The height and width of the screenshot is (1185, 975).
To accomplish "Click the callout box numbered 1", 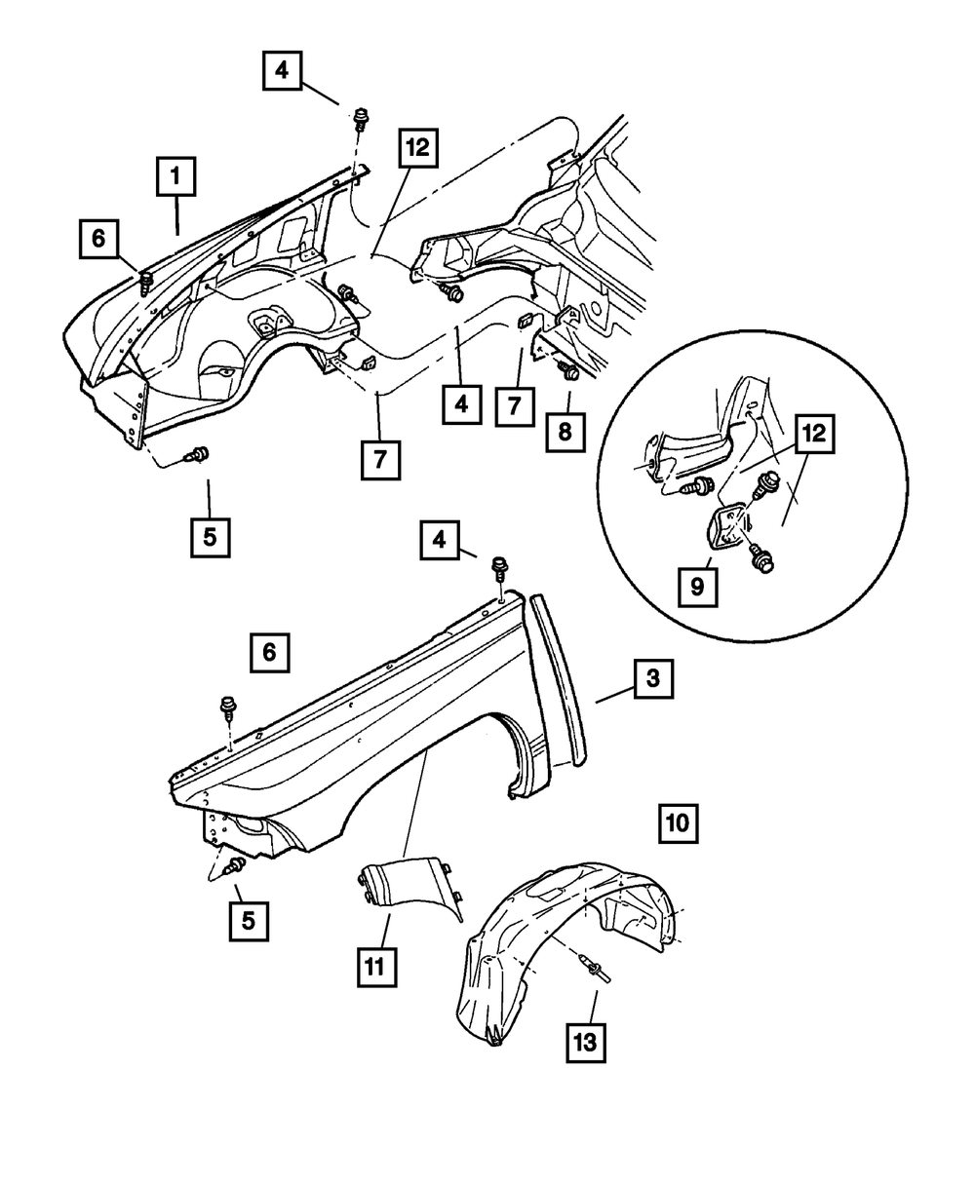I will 175,177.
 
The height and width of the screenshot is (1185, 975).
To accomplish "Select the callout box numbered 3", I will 652,679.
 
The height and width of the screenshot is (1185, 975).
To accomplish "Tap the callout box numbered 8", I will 565,430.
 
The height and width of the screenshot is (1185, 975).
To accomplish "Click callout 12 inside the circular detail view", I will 815,435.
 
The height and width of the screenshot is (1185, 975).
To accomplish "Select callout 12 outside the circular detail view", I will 417,150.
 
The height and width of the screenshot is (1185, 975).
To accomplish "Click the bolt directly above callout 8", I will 568,370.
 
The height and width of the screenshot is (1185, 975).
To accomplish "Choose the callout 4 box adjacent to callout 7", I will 460,403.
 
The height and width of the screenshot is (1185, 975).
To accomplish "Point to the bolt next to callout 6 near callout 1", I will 146,284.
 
